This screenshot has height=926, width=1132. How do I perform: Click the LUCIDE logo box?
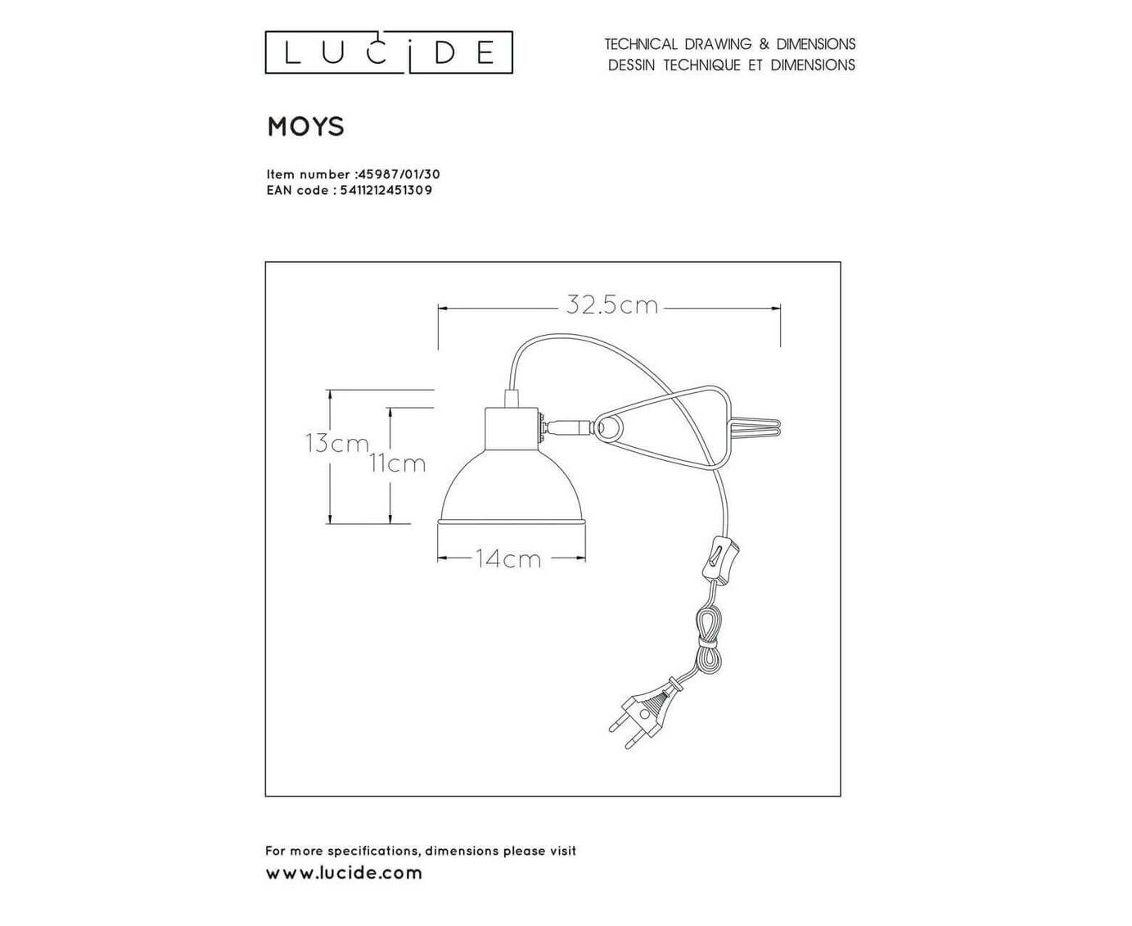click(389, 52)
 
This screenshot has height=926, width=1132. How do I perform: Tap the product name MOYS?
click(305, 127)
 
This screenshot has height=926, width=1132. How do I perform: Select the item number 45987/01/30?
click(399, 174)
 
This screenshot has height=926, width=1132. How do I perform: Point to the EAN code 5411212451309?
click(386, 190)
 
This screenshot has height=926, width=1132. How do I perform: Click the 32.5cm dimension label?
click(612, 305)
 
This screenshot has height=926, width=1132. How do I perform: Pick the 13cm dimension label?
click(337, 444)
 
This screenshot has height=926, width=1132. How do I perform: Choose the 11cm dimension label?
click(397, 463)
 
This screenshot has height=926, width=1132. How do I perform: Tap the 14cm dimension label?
click(508, 559)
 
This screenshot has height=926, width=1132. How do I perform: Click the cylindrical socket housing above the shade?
click(512, 428)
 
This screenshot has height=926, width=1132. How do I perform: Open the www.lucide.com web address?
click(344, 873)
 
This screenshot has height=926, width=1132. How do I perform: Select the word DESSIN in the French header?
click(631, 65)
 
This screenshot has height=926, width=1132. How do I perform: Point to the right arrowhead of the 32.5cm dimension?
click(776, 308)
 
